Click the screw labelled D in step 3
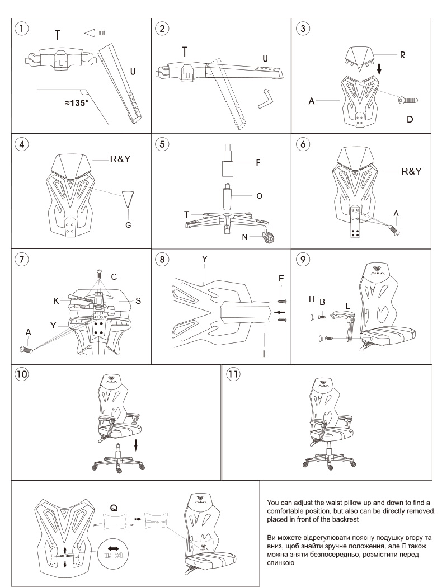pyautogui.click(x=408, y=100)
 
